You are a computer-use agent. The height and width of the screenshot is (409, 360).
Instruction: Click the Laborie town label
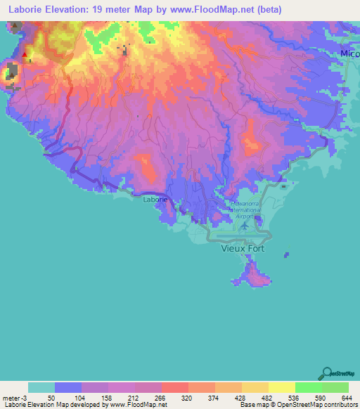pos(155,200)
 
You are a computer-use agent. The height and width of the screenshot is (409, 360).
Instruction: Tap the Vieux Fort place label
pos(244,248)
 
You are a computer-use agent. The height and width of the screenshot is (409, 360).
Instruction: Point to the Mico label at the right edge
pos(349,53)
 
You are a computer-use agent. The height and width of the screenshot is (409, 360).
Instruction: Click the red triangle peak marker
pos(25,54)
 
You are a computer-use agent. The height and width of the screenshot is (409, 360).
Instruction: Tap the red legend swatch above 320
pos(174,387)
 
